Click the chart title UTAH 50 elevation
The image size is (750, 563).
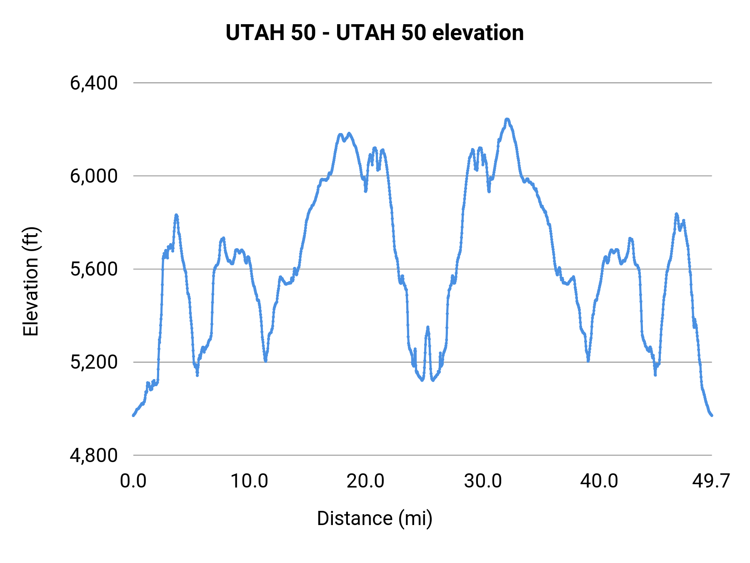[x=375, y=33]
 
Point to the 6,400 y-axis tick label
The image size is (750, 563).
[x=94, y=83]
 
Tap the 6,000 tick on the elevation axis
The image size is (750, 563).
[x=94, y=176]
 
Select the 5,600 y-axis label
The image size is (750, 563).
[x=94, y=269]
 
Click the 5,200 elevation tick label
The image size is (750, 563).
[x=94, y=362]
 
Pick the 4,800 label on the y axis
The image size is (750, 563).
[x=94, y=455]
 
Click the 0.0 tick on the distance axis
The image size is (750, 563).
[x=133, y=481]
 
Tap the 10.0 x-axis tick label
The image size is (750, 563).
[x=249, y=481]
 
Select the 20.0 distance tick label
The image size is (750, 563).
[x=365, y=481]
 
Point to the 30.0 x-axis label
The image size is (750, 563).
[x=483, y=481]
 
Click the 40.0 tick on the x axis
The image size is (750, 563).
[x=599, y=481]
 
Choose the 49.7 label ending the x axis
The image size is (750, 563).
[x=711, y=481]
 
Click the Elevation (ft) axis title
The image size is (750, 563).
[x=31, y=281]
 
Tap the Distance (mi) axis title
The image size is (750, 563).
[x=375, y=518]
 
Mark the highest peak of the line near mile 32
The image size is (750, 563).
[x=507, y=119]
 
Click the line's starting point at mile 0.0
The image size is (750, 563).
[x=133, y=415]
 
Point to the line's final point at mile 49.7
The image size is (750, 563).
[x=712, y=415]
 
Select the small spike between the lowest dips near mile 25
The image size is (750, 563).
[x=427, y=328]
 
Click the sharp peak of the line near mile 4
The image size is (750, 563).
[x=176, y=215]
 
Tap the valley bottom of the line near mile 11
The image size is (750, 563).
[x=265, y=360]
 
